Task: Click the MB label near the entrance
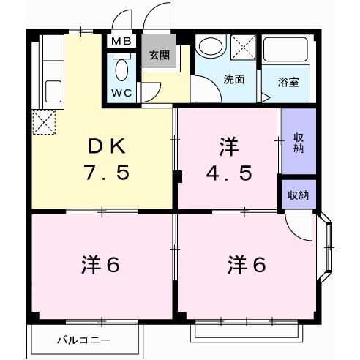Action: point(121,41)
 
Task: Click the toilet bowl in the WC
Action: point(121,71)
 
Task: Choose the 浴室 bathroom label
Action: point(288,83)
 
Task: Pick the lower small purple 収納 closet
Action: point(298,195)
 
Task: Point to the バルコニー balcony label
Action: point(84,340)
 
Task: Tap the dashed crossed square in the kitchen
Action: point(44,121)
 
